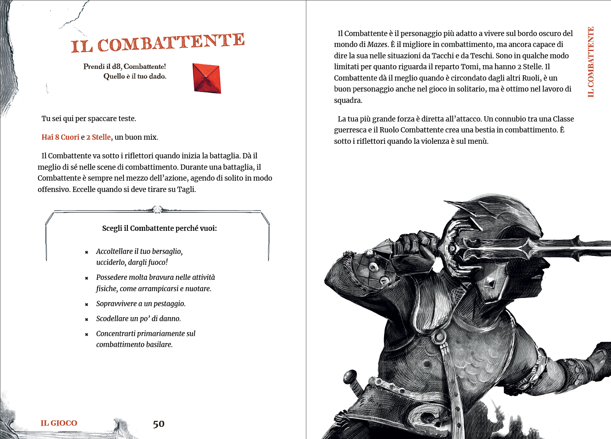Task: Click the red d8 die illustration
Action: point(207,78)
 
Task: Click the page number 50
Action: point(159,424)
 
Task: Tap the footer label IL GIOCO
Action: point(59,423)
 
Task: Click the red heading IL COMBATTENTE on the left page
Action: point(157,43)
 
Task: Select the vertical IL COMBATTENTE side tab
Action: point(591,62)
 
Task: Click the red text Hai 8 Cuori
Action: point(60,137)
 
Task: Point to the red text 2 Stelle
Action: point(98,137)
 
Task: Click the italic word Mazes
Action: point(377,45)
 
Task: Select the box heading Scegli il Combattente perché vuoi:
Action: point(159,228)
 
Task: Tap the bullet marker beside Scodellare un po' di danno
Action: point(87,320)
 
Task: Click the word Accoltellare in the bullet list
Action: point(114,251)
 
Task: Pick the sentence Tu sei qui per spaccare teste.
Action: point(89,119)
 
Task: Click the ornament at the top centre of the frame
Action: point(157,209)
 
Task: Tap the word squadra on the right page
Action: point(347,100)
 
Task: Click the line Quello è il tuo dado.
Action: point(135,76)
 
